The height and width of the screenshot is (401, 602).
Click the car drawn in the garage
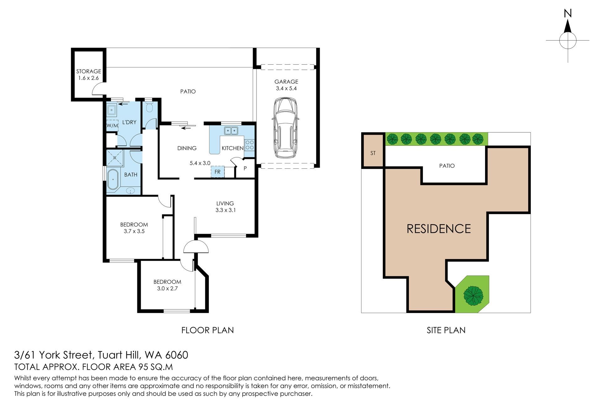pos(285,128)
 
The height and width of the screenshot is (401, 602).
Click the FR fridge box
pos(218,172)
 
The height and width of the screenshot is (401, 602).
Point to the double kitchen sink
pos(231,130)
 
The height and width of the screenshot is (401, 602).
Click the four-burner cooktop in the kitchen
pos(250,145)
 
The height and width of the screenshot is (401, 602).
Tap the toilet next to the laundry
pos(149,108)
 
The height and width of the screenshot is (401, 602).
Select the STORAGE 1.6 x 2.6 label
pos(89,75)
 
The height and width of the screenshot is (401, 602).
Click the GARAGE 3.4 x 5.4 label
pos(286,85)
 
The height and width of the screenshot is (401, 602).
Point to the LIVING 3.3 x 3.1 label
pos(225,207)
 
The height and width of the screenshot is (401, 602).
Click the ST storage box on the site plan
pos(373,150)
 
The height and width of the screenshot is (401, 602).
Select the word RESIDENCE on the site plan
pos(439,229)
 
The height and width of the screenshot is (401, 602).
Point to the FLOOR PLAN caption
pos(208,330)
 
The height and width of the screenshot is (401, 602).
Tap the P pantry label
pos(245,168)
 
